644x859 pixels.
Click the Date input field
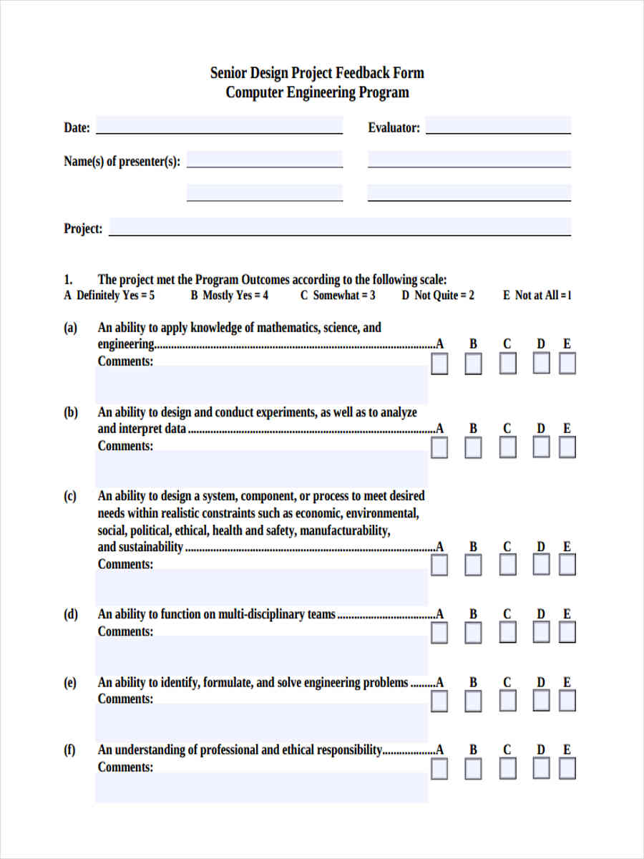(219, 125)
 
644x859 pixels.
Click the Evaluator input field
(498, 125)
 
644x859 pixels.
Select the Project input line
(340, 227)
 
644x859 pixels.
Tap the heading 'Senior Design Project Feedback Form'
(317, 73)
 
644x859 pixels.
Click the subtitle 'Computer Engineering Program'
(317, 92)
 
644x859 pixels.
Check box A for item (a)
(439, 364)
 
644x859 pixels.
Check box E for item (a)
(567, 364)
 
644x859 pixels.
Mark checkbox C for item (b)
(507, 448)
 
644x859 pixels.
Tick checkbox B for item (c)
(473, 566)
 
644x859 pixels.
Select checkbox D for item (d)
(541, 633)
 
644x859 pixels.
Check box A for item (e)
(439, 701)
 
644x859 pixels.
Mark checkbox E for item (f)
(567, 769)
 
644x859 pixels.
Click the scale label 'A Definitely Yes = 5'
(109, 295)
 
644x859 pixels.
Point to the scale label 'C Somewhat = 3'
(338, 295)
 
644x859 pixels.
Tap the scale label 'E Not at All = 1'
(537, 295)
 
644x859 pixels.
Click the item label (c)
(70, 496)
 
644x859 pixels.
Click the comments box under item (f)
(261, 787)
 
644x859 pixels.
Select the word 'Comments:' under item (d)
(125, 631)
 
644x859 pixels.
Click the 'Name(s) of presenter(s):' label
(122, 161)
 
